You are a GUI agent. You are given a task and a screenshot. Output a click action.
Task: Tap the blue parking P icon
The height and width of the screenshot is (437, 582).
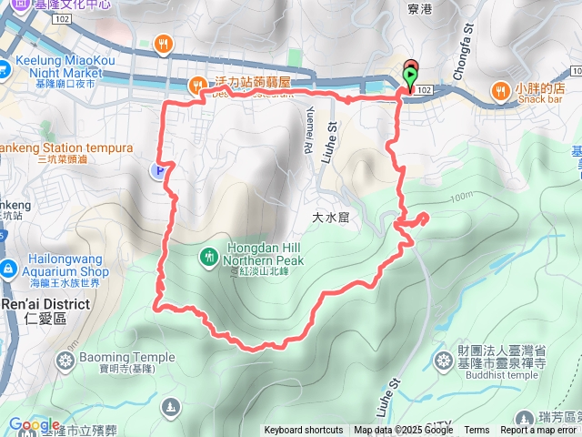[160, 169]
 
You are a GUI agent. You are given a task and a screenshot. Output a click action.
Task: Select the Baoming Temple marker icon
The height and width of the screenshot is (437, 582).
[64, 362]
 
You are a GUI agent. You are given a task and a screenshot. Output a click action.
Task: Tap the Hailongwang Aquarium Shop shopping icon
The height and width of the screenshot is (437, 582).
[8, 269]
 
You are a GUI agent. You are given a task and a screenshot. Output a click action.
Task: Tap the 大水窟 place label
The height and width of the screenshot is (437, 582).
[331, 218]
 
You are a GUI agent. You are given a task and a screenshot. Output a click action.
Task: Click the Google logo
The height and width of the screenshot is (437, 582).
[34, 424]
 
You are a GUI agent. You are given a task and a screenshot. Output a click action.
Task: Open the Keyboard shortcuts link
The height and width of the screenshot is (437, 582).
[305, 431]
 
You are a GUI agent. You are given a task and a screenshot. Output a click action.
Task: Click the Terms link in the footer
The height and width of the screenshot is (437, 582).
[477, 431]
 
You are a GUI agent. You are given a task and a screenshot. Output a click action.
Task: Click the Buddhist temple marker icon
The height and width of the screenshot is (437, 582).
[444, 361]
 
